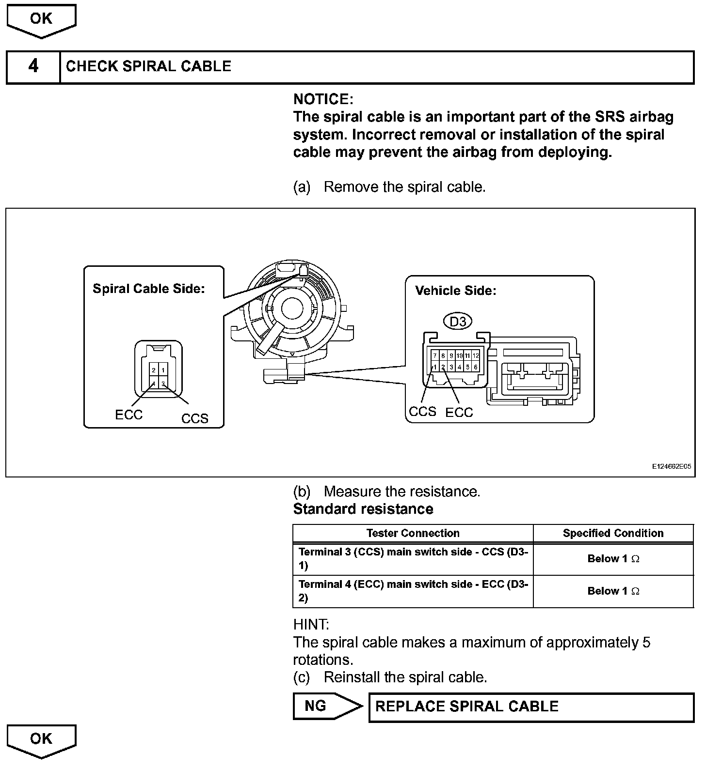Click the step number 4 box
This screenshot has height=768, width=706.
[33, 66]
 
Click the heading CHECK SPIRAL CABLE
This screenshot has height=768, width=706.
[148, 66]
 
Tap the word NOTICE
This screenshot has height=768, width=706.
[323, 99]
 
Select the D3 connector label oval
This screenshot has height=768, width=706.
[458, 322]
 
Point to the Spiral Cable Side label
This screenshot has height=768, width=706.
[149, 289]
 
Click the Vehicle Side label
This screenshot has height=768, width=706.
[456, 291]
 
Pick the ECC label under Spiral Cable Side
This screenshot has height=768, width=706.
[128, 415]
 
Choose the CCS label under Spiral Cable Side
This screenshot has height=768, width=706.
[194, 418]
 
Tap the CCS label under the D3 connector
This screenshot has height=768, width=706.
[422, 412]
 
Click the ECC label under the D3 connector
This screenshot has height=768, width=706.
[459, 413]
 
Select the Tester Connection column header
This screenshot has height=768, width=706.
[413, 533]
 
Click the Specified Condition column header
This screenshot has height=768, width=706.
[613, 533]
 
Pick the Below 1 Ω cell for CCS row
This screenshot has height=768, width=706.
[613, 559]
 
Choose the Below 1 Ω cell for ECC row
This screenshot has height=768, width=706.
[613, 591]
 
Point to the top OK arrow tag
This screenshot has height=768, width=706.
[41, 19]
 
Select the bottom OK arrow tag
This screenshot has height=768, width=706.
[41, 739]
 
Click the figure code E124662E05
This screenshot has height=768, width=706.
[671, 467]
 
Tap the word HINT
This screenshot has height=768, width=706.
[311, 624]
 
